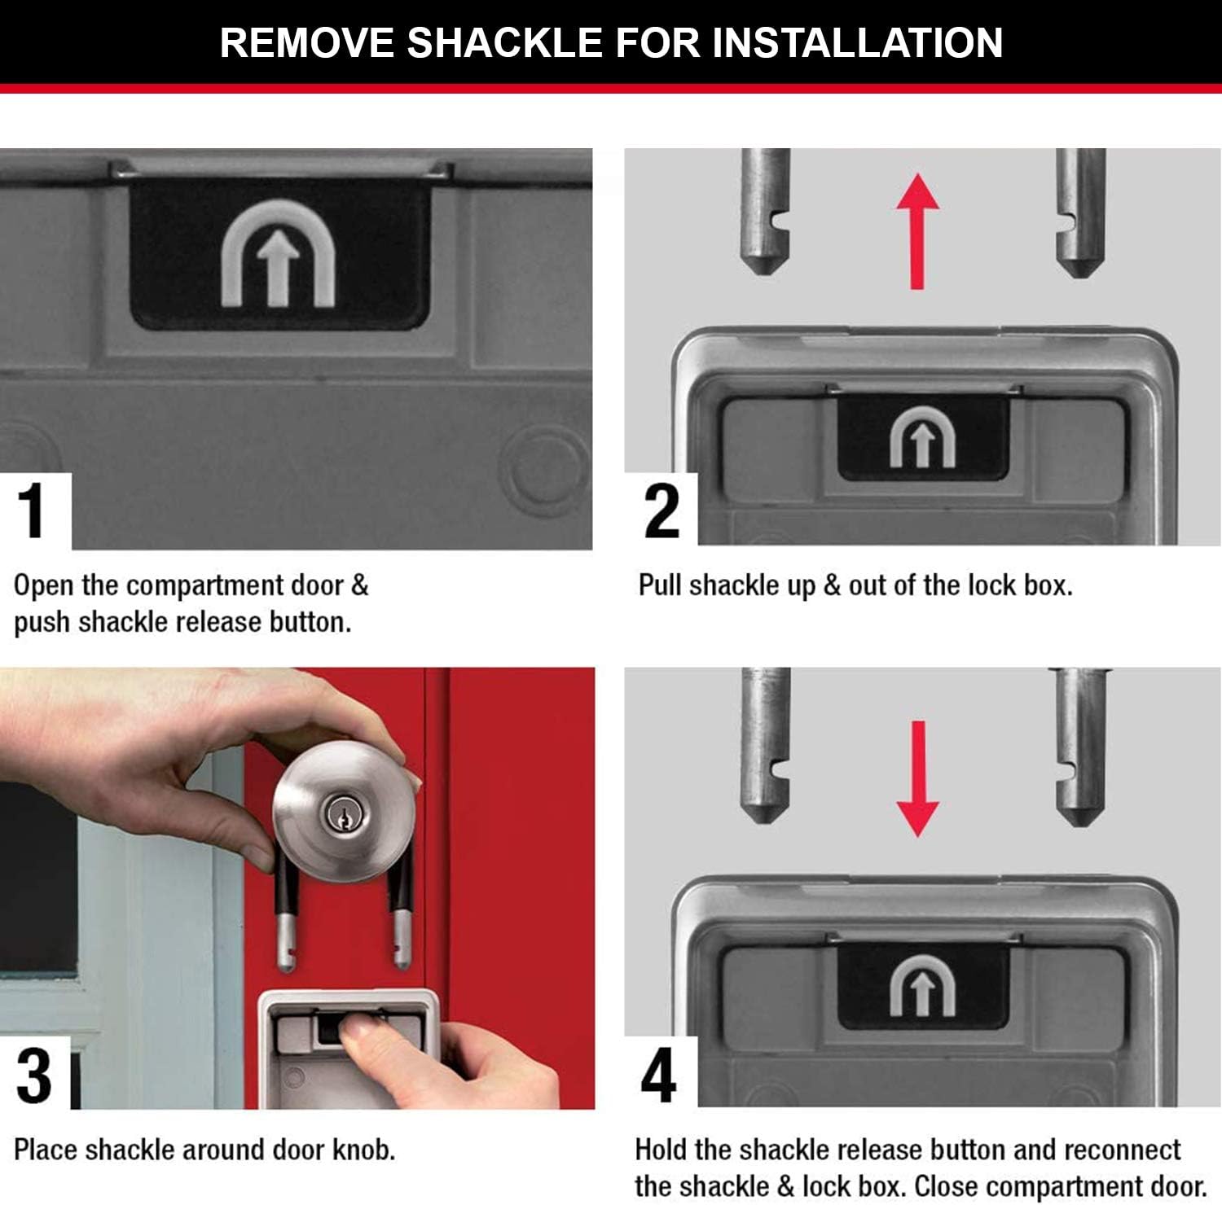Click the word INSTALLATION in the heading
click(857, 42)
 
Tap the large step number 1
click(33, 511)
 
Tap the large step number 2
click(661, 511)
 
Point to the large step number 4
click(658, 1075)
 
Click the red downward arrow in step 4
click(918, 778)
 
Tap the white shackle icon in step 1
click(278, 255)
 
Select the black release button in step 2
click(922, 437)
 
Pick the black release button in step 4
click(922, 986)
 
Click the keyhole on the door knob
click(338, 813)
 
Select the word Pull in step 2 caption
click(659, 585)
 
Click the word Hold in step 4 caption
click(661, 1150)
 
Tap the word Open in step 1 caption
click(43, 585)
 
